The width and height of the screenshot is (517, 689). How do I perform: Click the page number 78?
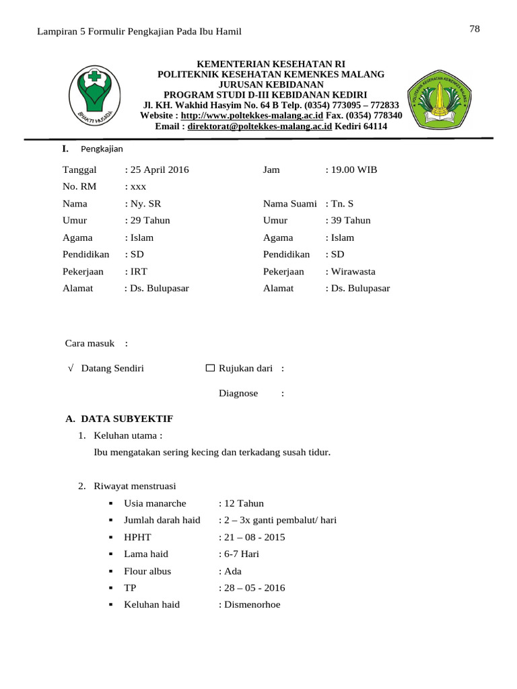(x=474, y=28)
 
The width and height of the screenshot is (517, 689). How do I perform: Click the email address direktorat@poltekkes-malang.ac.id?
(x=260, y=126)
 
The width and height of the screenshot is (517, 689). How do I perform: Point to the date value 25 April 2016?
(x=159, y=170)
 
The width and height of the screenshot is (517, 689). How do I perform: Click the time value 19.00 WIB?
(x=353, y=170)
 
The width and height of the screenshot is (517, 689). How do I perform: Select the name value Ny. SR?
(x=145, y=203)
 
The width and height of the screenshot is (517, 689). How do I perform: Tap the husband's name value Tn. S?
(x=341, y=203)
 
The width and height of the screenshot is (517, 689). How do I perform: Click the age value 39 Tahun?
(x=349, y=220)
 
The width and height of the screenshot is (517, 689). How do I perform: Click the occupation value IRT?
(x=139, y=271)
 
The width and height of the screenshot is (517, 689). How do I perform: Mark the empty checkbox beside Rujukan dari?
(x=209, y=368)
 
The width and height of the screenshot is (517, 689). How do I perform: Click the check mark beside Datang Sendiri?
(x=71, y=368)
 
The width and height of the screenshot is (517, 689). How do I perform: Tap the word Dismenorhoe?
(x=252, y=604)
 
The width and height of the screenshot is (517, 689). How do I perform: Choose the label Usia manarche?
(x=155, y=503)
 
